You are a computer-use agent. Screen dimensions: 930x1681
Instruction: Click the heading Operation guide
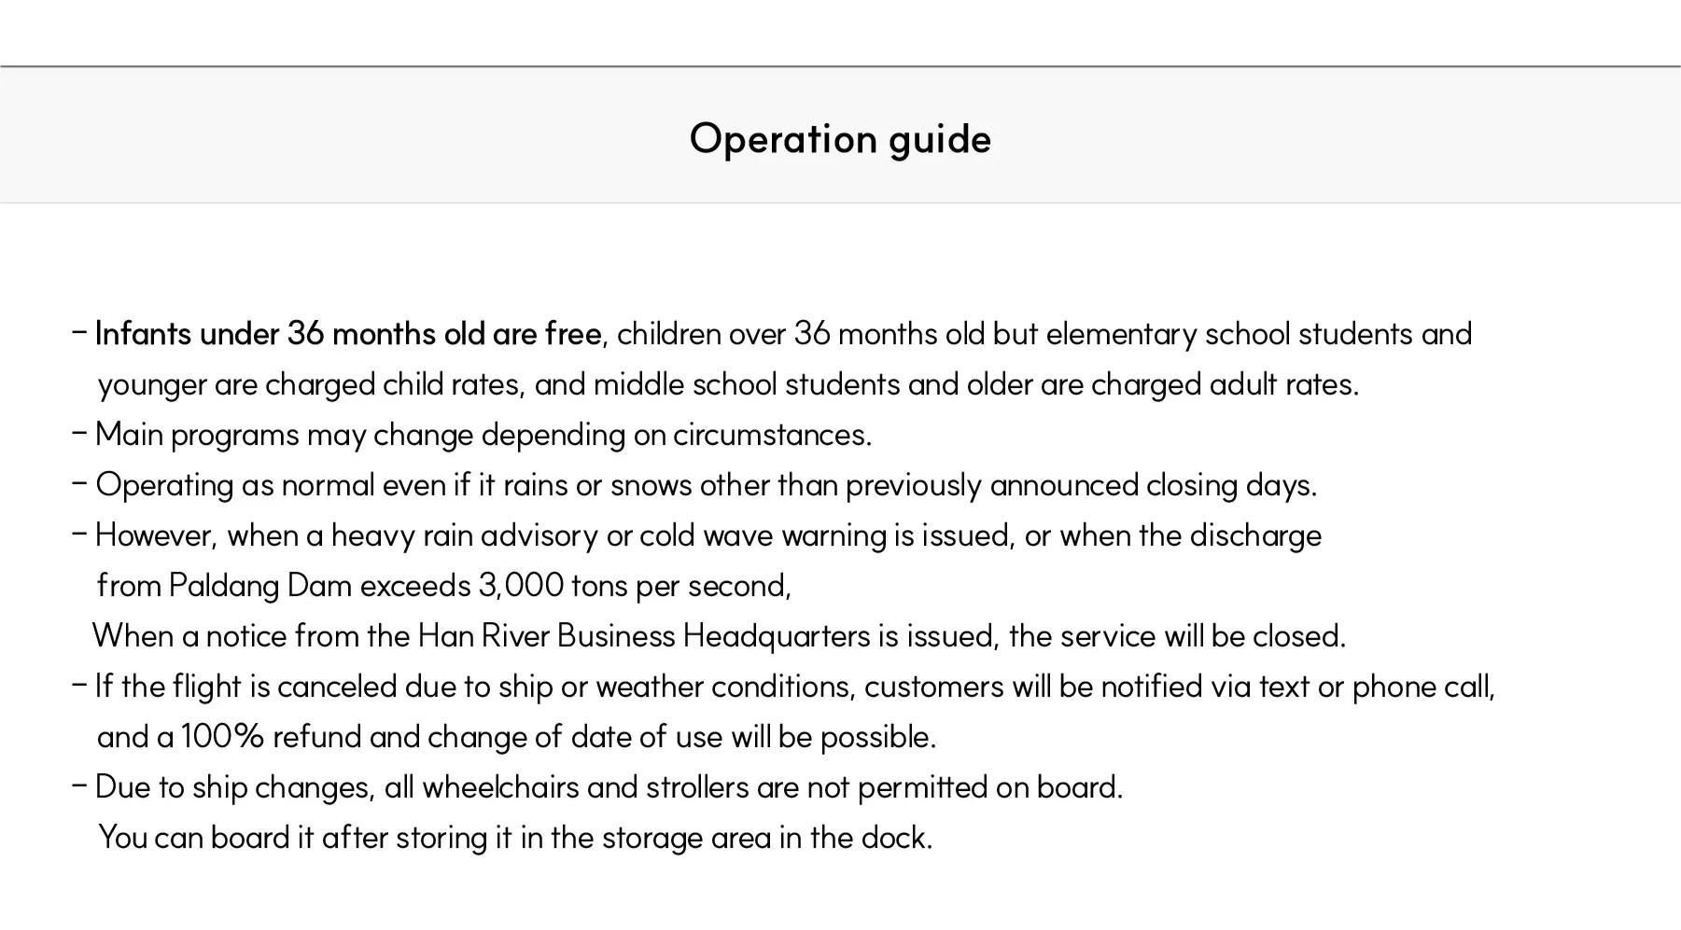[840, 139]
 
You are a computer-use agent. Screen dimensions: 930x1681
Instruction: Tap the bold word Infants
[143, 334]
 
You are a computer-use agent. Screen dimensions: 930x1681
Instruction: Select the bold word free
[573, 334]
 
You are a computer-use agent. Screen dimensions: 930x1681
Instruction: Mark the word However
[156, 535]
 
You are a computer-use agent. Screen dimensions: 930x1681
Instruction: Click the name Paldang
[224, 586]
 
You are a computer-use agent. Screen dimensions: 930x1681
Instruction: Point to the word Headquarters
[777, 636]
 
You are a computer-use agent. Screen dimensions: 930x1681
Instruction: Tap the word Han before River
[445, 636]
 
